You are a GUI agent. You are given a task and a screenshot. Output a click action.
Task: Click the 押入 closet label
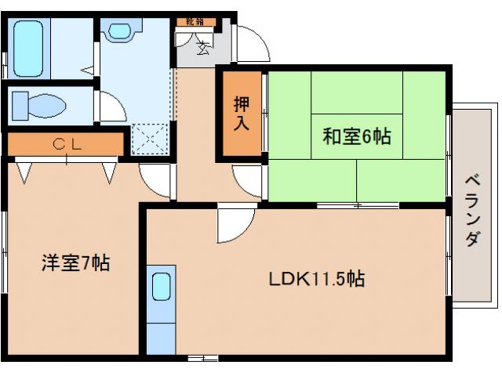242,113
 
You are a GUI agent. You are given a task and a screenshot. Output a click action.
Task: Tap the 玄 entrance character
202,49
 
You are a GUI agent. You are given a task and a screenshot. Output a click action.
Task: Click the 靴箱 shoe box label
196,23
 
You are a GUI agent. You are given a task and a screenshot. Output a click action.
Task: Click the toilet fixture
39,104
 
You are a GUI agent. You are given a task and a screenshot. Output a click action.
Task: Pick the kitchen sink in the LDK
161,287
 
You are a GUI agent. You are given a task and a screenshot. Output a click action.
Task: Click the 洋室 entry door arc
155,181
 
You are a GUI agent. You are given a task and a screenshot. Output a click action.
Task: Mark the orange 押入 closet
241,114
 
